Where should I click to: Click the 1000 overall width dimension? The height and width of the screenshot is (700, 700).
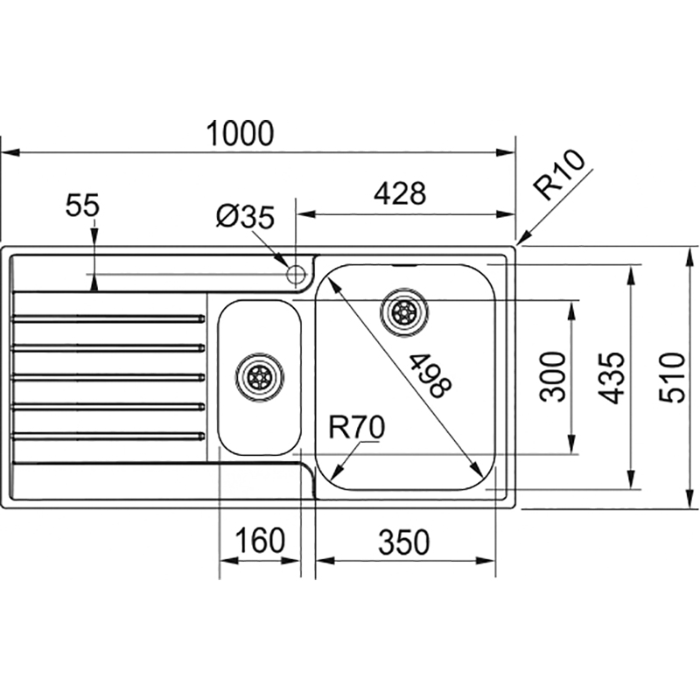coord(241,134)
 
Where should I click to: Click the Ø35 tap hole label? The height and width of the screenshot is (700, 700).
coord(246,216)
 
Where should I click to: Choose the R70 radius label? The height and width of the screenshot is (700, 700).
coord(357,428)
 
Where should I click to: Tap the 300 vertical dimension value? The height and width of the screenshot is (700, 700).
coord(552,376)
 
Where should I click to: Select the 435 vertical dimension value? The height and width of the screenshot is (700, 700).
coord(614,377)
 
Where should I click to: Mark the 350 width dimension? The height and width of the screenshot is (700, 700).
coord(404,542)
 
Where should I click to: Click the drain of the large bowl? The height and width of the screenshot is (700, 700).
coord(404,311)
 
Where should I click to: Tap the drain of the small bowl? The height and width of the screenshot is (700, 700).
coord(259,377)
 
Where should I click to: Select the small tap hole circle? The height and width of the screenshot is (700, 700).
coord(296,272)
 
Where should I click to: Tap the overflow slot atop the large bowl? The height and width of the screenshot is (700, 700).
coord(404,263)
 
